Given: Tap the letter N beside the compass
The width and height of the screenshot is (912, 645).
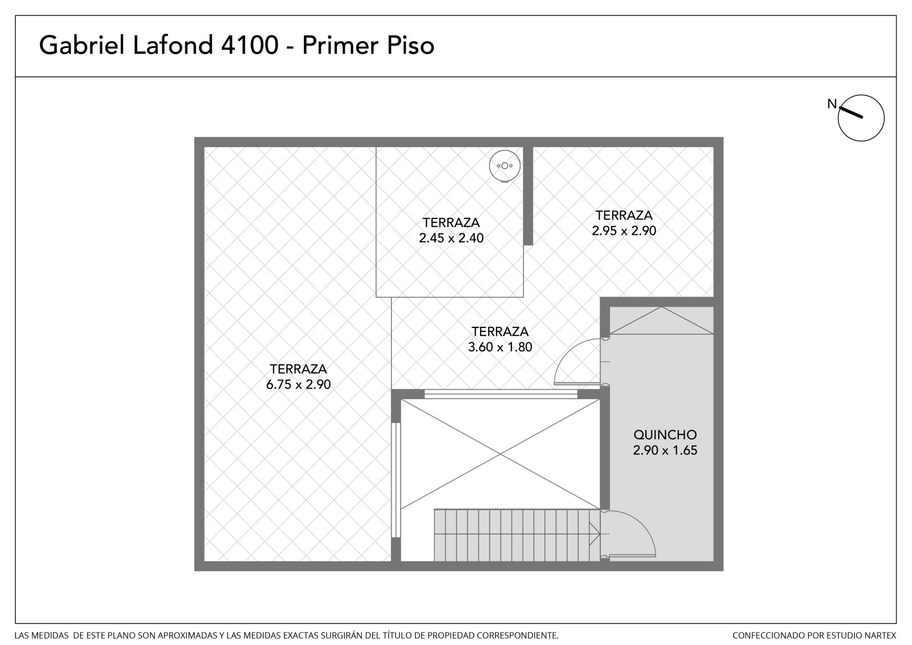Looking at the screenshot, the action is pos(832,104).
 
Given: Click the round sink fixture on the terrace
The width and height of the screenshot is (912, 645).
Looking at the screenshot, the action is pos(505,166).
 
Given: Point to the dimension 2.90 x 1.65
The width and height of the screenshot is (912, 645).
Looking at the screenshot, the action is pos(665,450).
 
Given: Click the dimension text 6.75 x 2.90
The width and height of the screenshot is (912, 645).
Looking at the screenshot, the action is pos(299,384).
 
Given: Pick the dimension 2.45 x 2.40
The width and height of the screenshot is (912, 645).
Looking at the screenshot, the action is pos(451,238).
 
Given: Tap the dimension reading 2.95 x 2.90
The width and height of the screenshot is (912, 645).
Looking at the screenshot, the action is pos(624,230).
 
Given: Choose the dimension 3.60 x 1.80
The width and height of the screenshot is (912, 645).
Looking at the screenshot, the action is pos(500,347).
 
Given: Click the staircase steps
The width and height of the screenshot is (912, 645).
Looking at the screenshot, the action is pos(516,535).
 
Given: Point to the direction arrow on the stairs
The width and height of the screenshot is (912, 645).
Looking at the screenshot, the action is pos(594,534).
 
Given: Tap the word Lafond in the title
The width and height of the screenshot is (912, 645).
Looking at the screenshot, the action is pos(173,45).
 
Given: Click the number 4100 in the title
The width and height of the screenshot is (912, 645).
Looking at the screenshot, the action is pos(250,45).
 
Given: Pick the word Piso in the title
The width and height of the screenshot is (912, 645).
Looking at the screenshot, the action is pos(411,45).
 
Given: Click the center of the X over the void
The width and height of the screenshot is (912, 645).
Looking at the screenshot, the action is pos(500,454).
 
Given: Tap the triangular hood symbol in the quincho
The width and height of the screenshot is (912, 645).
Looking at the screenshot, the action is pos(662,321).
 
